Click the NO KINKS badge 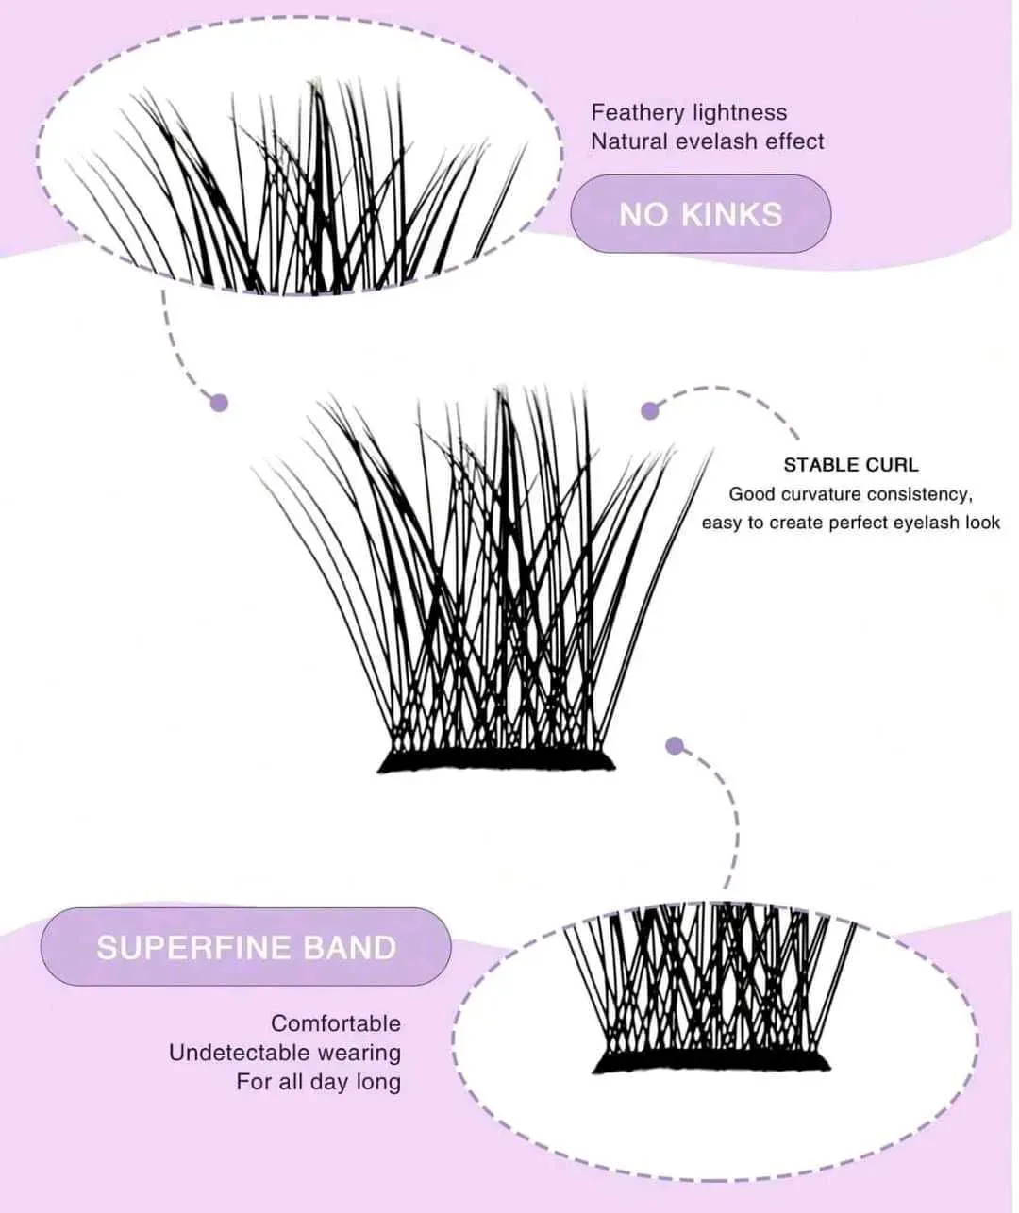700,214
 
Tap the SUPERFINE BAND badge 245,947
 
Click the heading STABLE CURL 850,465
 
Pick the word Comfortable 336,1024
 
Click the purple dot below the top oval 219,403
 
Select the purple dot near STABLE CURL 649,410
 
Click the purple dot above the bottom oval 674,746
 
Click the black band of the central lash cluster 496,761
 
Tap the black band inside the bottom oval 711,1063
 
